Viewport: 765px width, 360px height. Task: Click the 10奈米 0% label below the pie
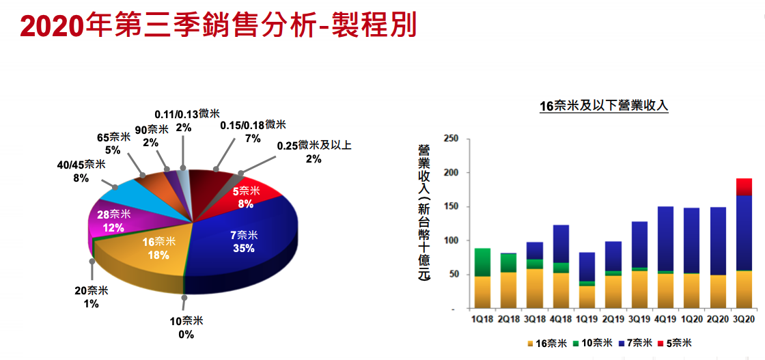(x=185, y=327)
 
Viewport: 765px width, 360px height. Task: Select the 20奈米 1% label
(x=90, y=297)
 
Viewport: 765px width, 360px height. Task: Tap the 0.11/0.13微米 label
(x=183, y=120)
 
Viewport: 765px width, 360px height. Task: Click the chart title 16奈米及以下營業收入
(x=603, y=106)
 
